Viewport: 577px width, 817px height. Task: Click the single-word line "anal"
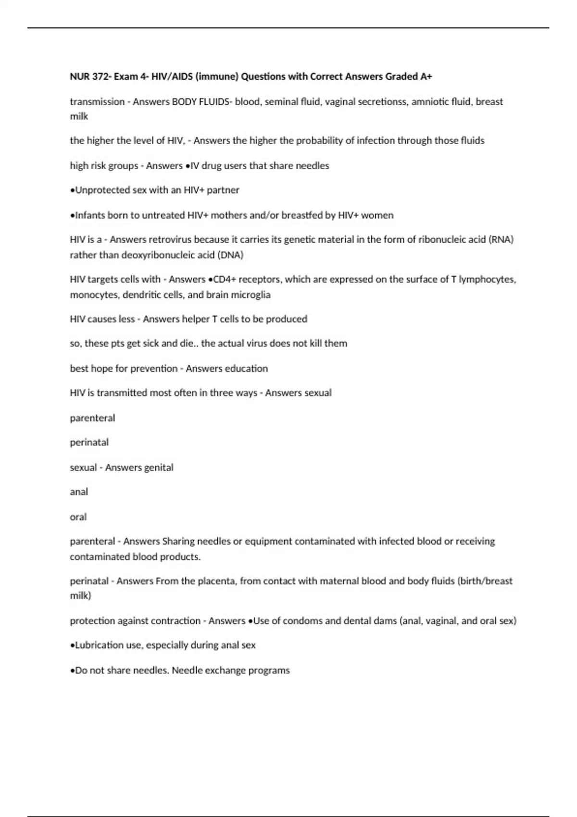point(79,492)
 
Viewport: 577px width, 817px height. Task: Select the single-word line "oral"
point(78,517)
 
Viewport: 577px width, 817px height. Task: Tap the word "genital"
point(155,468)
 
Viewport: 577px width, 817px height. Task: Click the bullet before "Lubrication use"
point(72,645)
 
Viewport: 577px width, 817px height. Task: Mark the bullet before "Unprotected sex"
point(72,190)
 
